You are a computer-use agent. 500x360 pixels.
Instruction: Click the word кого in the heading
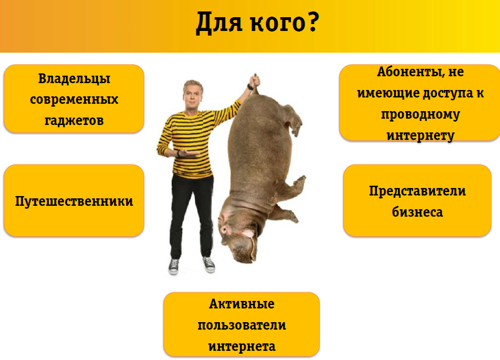277,24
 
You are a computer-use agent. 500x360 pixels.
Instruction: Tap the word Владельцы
74,79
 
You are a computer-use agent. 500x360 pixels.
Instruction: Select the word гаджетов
74,120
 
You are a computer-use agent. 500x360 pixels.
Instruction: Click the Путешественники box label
74,201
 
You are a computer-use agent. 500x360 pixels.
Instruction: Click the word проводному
420,114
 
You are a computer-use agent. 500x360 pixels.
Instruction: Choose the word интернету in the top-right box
420,135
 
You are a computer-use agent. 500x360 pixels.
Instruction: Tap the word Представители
418,191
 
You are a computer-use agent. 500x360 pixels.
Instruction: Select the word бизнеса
418,212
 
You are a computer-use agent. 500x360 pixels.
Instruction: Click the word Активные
242,304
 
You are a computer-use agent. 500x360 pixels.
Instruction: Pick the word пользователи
242,325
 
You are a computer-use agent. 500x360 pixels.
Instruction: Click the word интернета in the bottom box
242,346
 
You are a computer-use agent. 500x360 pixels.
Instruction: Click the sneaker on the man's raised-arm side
209,265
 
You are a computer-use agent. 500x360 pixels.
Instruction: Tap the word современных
74,100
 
